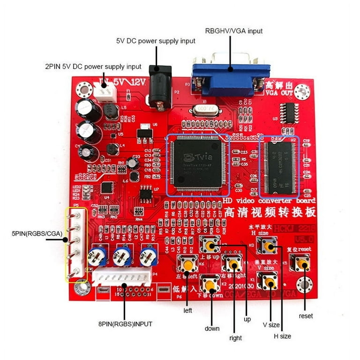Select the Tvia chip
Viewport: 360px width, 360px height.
pyautogui.click(x=197, y=164)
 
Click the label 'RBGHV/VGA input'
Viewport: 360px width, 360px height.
pyautogui.click(x=233, y=31)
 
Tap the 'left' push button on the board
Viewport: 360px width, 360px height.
pyautogui.click(x=187, y=265)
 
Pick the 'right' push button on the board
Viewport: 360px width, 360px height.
pyautogui.click(x=233, y=264)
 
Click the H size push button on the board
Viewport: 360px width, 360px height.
pyautogui.click(x=269, y=246)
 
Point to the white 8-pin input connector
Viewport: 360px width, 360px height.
pyautogui.click(x=122, y=278)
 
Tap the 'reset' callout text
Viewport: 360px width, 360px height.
pyautogui.click(x=306, y=316)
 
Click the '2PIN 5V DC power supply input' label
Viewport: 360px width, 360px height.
pyautogui.click(x=93, y=67)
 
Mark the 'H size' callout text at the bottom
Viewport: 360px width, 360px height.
pyautogui.click(x=282, y=336)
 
